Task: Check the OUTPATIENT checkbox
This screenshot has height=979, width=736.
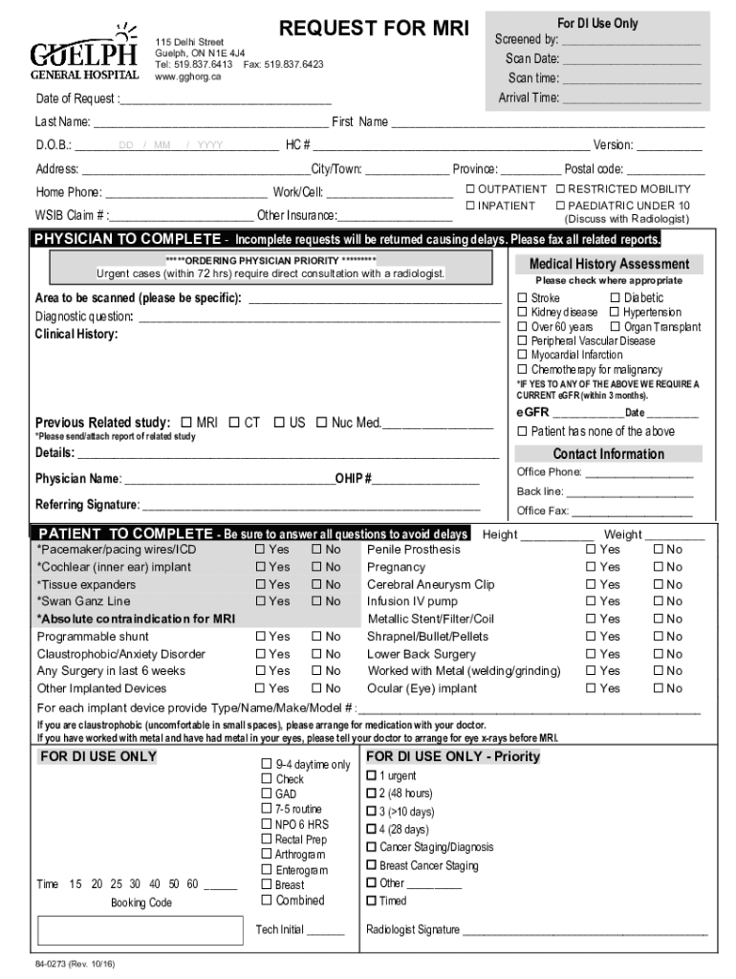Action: pos(470,189)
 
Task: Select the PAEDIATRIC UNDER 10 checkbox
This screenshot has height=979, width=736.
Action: pos(561,206)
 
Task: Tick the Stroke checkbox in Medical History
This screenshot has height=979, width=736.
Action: pos(523,298)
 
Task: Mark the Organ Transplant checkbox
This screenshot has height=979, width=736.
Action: pos(616,327)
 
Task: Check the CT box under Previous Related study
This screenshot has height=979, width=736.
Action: pos(234,423)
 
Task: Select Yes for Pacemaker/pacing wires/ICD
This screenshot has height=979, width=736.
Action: pos(260,550)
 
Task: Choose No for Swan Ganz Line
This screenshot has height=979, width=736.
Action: pos(316,601)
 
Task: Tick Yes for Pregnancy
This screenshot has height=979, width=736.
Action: pos(591,567)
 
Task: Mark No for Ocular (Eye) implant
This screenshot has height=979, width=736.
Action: pos(658,688)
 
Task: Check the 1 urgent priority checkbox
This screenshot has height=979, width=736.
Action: pos(372,776)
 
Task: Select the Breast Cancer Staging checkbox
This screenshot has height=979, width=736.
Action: pos(372,866)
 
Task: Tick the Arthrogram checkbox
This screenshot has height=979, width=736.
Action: pos(267,855)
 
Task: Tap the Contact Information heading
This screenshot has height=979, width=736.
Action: pos(609,454)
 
